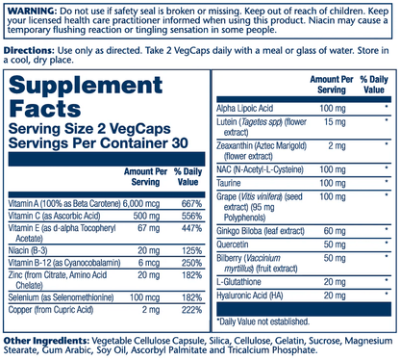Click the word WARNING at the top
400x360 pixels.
coord(28,7)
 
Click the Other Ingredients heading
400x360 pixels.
coord(45,341)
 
